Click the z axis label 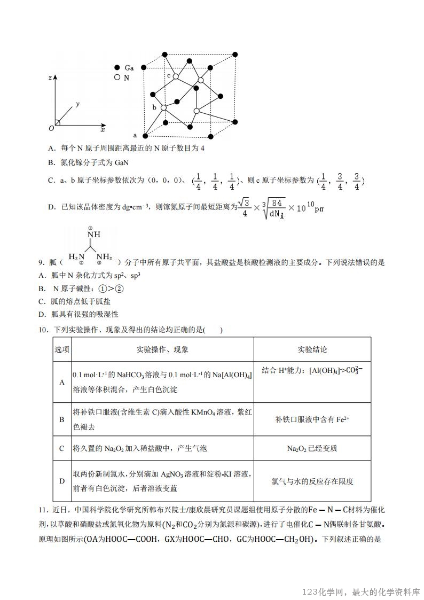[x=50, y=77]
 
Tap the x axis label [x=103, y=130]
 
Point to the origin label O [x=51, y=128]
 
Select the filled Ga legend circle [x=117, y=68]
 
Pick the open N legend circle [x=117, y=77]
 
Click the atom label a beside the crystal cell [x=135, y=135]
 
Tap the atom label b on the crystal [x=155, y=107]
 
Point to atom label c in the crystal [x=169, y=75]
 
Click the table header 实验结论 [x=312, y=349]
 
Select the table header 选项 [x=62, y=349]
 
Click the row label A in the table [x=62, y=382]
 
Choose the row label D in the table [x=62, y=481]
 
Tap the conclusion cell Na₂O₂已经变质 [x=312, y=448]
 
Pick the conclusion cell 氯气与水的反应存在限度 [x=312, y=481]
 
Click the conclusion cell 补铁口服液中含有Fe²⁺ [x=312, y=419]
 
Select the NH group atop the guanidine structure [x=94, y=235]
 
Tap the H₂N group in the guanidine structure [x=77, y=256]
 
